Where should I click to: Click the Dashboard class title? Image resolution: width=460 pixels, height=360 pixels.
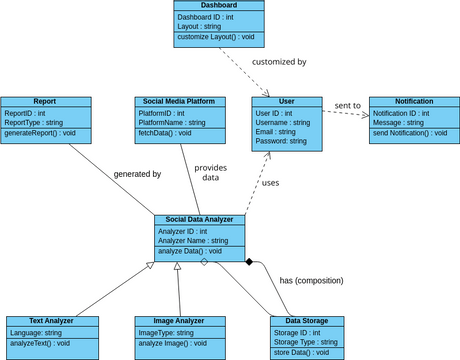(218, 6)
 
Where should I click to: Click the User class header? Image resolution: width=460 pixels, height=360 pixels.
(287, 102)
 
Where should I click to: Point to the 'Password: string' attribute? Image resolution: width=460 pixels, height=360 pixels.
(282, 142)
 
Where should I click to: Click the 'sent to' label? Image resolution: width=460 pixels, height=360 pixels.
(349, 105)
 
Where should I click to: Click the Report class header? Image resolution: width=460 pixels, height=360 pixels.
(45, 102)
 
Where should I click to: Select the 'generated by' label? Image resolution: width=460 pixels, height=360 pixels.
(138, 174)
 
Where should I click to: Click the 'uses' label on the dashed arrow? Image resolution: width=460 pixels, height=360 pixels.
(271, 183)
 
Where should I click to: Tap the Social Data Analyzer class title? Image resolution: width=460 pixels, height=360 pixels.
(200, 220)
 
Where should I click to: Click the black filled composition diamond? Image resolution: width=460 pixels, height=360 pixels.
(250, 262)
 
